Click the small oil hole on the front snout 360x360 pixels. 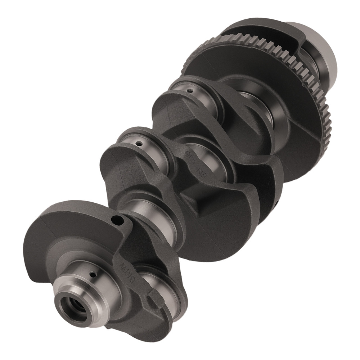tap(93, 275)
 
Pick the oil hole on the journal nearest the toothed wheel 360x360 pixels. tap(190, 91)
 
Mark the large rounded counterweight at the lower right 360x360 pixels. tap(230, 223)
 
